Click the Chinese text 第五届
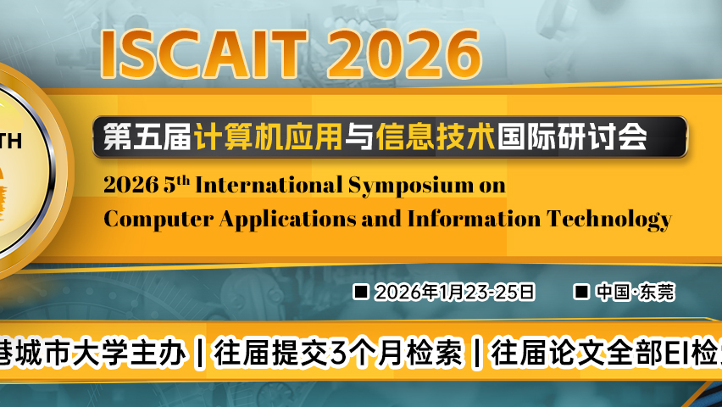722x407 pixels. (147, 137)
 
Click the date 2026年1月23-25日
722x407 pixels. (455, 293)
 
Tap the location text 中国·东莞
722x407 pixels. (635, 293)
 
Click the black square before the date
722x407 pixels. (360, 292)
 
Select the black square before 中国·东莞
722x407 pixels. (581, 292)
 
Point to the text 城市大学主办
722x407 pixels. (100, 352)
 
